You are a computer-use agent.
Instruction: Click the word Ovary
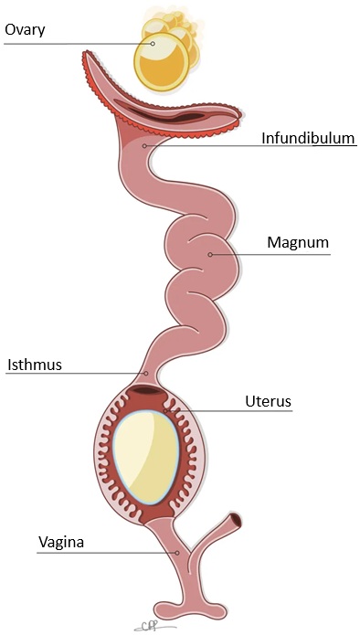[26, 29]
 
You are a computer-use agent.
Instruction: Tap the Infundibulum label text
[308, 139]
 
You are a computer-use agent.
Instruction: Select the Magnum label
[298, 243]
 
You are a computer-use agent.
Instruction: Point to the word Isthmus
[35, 364]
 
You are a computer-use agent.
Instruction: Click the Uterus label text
[269, 400]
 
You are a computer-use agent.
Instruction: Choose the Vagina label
[61, 542]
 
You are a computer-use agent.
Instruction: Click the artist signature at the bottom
[153, 624]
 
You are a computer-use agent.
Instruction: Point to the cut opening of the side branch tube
[237, 522]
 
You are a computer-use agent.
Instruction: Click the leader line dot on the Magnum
[210, 254]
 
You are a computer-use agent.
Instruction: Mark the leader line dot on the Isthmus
[146, 373]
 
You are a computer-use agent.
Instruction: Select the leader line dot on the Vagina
[177, 552]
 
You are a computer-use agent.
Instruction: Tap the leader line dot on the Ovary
[154, 43]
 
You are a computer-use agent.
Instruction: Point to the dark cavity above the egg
[146, 393]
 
